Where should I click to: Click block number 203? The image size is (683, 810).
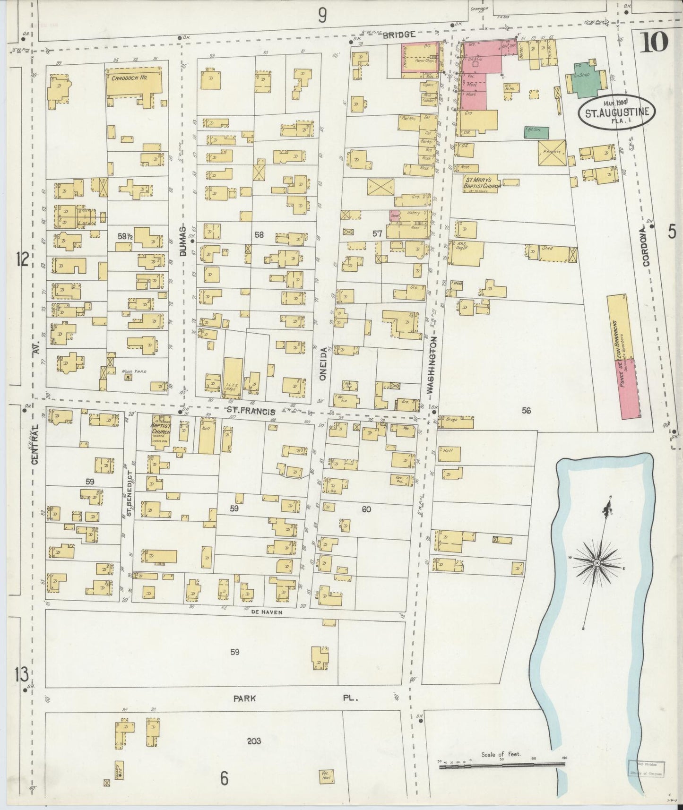[254, 741]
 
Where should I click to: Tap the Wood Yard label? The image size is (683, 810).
[134, 371]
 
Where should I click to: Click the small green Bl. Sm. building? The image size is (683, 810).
[536, 132]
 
